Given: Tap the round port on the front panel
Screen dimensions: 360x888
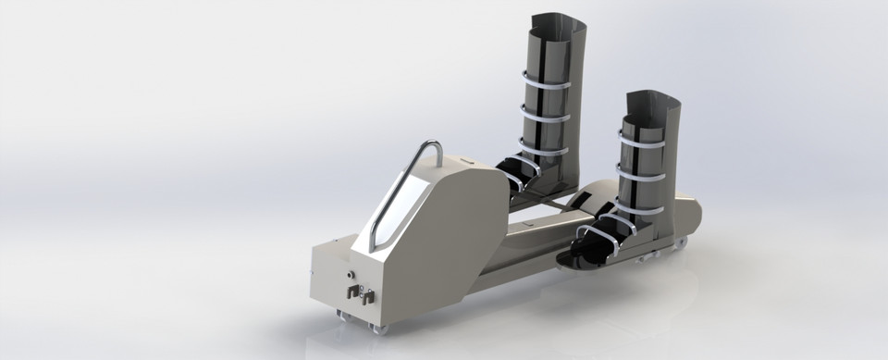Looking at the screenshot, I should point(351,275).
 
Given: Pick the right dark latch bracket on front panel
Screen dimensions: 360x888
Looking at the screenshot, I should point(366,297).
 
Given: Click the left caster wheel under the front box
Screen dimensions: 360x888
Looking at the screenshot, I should point(339,318).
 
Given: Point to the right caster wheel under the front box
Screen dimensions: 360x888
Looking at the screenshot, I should point(378,327).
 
